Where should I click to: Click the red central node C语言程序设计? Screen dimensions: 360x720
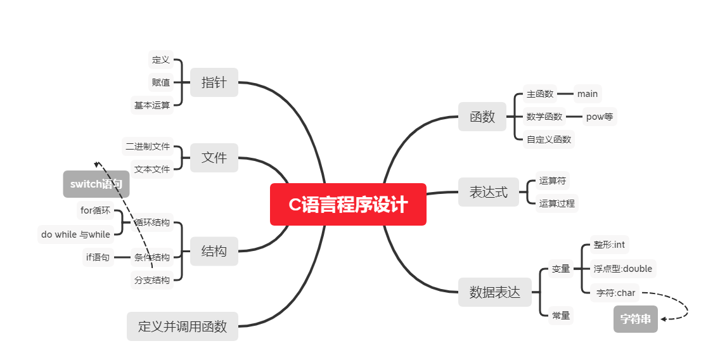[348, 205]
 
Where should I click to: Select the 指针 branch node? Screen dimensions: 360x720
[214, 82]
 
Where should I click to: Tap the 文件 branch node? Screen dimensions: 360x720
[214, 158]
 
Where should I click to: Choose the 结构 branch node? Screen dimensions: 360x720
[214, 251]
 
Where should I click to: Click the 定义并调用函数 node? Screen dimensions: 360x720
[183, 326]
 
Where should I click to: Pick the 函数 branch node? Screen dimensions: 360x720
[482, 117]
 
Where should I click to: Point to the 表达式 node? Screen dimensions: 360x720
[489, 192]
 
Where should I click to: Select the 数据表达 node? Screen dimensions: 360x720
[495, 292]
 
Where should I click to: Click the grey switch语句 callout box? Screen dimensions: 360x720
[96, 184]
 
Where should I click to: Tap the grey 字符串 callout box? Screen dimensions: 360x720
[636, 319]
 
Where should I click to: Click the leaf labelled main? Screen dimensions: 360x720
[588, 94]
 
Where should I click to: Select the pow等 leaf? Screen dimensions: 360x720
[600, 117]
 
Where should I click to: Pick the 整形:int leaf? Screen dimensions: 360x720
[609, 245]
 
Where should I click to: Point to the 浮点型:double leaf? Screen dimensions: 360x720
[622, 269]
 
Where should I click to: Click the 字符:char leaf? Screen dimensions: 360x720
[616, 293]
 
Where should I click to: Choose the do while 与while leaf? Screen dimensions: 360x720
[75, 235]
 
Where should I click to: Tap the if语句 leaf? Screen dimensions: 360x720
[98, 257]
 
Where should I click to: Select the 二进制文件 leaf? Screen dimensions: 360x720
[148, 146]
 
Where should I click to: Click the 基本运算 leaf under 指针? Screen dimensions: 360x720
[152, 105]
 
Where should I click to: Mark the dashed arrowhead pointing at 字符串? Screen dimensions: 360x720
[663, 318]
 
